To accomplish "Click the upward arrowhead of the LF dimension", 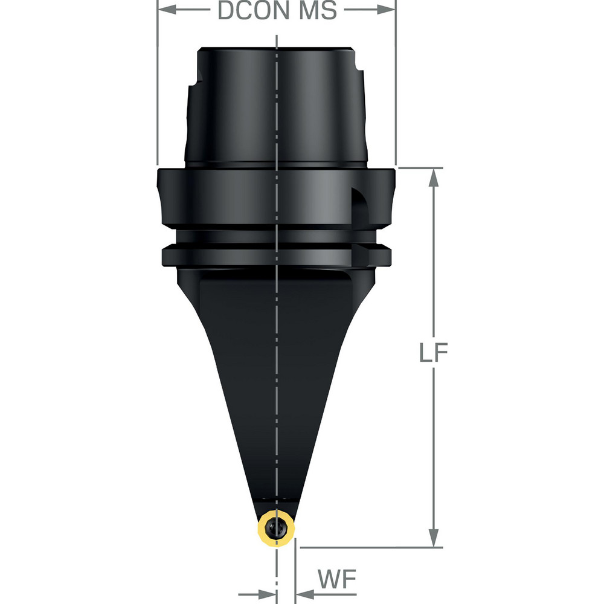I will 433,177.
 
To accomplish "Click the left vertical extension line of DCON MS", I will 157,91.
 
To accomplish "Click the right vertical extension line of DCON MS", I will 396,91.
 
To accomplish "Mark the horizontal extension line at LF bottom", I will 368,548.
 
